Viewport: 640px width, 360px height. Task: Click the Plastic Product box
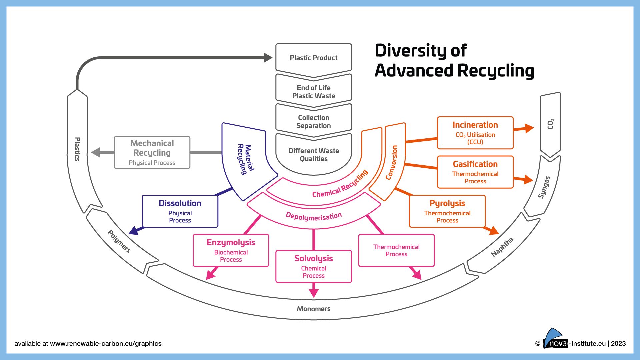(x=313, y=58)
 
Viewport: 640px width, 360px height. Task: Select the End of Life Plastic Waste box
(x=313, y=92)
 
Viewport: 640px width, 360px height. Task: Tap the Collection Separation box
(x=313, y=122)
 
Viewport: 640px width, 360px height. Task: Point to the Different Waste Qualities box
(x=313, y=155)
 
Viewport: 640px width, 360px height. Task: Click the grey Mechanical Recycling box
(x=152, y=152)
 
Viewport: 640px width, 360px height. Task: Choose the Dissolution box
(x=180, y=211)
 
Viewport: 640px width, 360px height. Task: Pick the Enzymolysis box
(x=231, y=250)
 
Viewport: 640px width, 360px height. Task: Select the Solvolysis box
(x=313, y=266)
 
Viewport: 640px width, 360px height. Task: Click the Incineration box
(x=475, y=133)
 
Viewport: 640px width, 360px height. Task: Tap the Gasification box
(x=475, y=172)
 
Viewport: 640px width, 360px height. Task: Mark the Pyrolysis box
(x=447, y=211)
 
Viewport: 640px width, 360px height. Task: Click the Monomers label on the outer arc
(x=313, y=309)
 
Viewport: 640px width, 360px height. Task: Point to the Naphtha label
(x=502, y=247)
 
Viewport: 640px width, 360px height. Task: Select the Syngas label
(x=544, y=187)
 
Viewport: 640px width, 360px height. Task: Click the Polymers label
(x=119, y=241)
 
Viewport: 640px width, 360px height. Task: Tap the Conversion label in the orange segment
(x=392, y=162)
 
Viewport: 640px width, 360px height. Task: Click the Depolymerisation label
(x=313, y=216)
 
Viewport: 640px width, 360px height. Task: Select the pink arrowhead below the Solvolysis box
(x=314, y=292)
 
